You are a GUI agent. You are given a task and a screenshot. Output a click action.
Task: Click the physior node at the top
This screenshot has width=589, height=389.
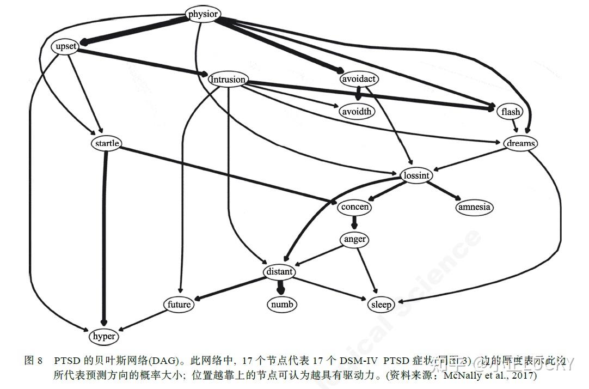click(x=203, y=14)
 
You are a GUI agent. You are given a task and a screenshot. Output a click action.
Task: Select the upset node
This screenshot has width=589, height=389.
click(x=66, y=47)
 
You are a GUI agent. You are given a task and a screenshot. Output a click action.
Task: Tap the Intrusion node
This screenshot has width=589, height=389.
click(x=228, y=80)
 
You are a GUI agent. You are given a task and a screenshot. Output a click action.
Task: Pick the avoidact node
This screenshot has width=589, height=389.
click(x=359, y=79)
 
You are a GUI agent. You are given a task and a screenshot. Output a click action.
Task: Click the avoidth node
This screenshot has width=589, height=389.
click(x=357, y=112)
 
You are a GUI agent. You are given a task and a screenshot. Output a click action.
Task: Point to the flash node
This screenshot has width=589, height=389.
click(x=511, y=112)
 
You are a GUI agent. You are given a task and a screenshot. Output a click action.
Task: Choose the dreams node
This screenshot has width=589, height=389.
click(x=520, y=143)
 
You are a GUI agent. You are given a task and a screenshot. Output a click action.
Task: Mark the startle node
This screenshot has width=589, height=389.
click(x=107, y=143)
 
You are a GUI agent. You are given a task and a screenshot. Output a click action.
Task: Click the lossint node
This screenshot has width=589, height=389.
click(x=417, y=175)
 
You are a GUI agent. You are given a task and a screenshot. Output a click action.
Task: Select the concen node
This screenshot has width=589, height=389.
click(x=355, y=207)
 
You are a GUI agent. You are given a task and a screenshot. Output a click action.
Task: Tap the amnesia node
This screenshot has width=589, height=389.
click(x=474, y=207)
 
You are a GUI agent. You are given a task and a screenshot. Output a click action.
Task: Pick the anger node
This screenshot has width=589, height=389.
click(x=355, y=239)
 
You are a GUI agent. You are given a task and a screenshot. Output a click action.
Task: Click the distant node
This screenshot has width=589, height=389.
click(x=280, y=271)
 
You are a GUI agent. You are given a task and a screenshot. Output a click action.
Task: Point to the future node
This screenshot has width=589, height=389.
click(x=179, y=304)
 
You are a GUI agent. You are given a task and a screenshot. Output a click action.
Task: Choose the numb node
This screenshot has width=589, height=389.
click(x=283, y=304)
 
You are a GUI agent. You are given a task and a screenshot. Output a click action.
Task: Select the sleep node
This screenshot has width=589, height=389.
click(x=381, y=304)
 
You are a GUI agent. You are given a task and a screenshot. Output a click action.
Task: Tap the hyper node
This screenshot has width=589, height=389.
click(x=103, y=336)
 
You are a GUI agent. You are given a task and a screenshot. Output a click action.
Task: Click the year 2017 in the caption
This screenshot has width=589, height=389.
click(x=524, y=375)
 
